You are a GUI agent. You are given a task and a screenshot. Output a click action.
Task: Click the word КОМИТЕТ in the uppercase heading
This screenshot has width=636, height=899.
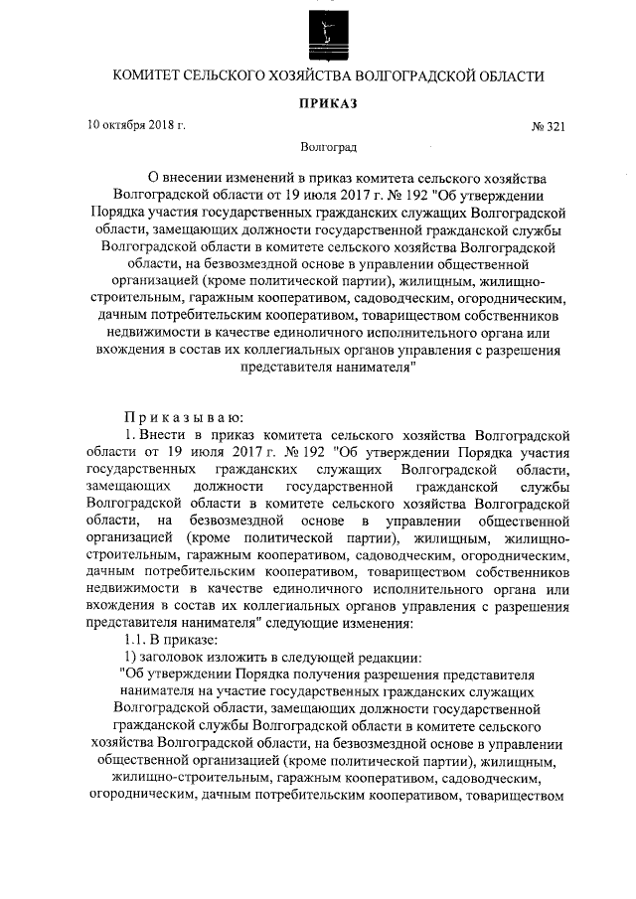pyautogui.click(x=147, y=75)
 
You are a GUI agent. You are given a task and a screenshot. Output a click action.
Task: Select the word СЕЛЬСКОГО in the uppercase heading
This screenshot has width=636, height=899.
pyautogui.click(x=230, y=75)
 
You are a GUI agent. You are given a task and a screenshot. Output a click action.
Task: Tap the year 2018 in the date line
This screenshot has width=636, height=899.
pyautogui.click(x=166, y=126)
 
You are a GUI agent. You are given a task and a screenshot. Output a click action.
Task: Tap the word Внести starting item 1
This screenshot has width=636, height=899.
pyautogui.click(x=161, y=435)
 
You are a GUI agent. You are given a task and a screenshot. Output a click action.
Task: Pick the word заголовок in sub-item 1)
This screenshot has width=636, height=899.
pyautogui.click(x=168, y=659)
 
